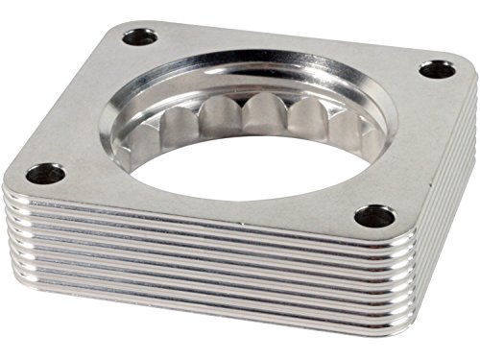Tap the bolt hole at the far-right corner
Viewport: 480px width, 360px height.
click(x=436, y=69)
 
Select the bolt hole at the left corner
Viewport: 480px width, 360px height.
click(x=45, y=174)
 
